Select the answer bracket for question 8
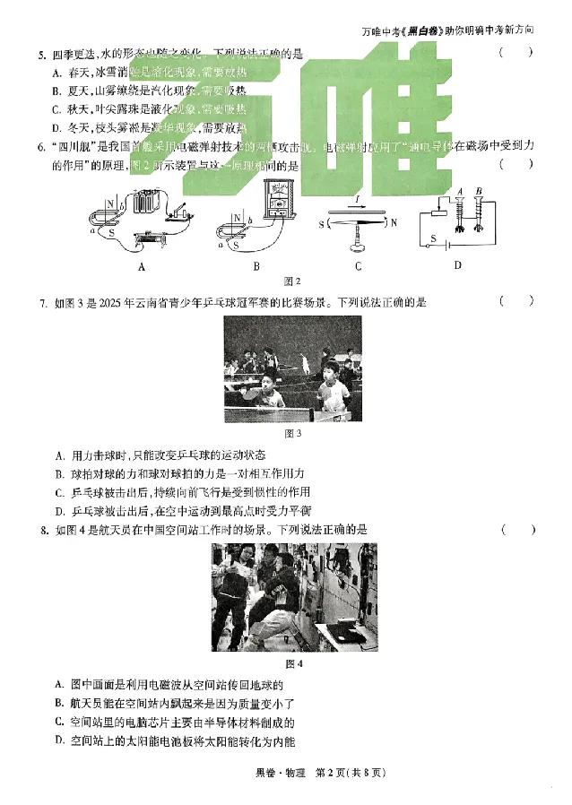517,530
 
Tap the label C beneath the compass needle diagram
358,265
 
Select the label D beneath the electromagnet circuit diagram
457,264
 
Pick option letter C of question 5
56,109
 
